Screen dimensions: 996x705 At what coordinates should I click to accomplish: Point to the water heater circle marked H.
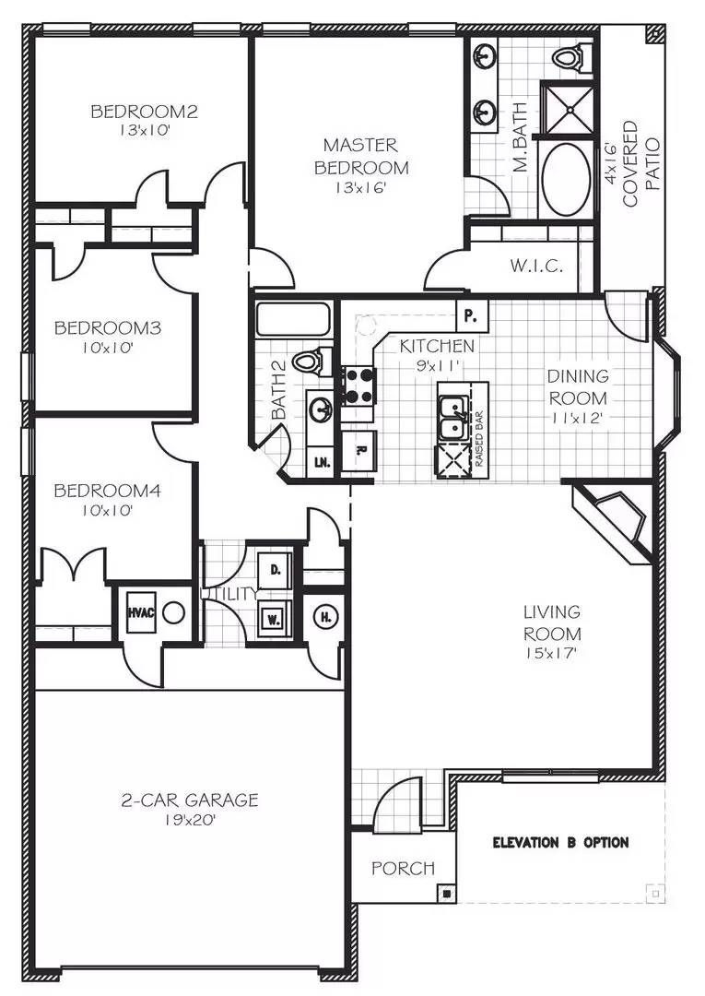(x=325, y=616)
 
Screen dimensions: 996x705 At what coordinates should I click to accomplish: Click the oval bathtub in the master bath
(x=564, y=178)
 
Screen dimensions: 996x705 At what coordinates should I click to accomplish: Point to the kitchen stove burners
(x=358, y=386)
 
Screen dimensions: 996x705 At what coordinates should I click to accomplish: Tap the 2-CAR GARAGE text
(x=190, y=800)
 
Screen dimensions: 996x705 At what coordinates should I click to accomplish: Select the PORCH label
(x=403, y=868)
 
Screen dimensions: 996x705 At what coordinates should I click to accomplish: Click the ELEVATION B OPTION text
(x=560, y=842)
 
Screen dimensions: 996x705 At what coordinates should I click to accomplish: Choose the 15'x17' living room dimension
(x=552, y=655)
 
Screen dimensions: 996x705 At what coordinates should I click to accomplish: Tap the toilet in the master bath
(x=569, y=57)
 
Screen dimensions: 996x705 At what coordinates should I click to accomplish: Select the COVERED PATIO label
(x=641, y=154)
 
